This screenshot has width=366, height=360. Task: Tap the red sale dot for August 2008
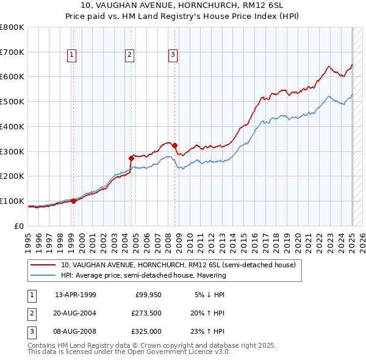[x=175, y=145]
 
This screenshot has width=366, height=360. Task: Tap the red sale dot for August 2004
[x=132, y=158]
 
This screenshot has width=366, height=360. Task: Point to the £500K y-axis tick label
[x=12, y=102]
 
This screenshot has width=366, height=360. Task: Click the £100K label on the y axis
[x=12, y=201]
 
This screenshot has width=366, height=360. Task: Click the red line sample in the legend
[x=43, y=265]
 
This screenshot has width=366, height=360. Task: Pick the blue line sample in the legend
[x=43, y=275]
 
